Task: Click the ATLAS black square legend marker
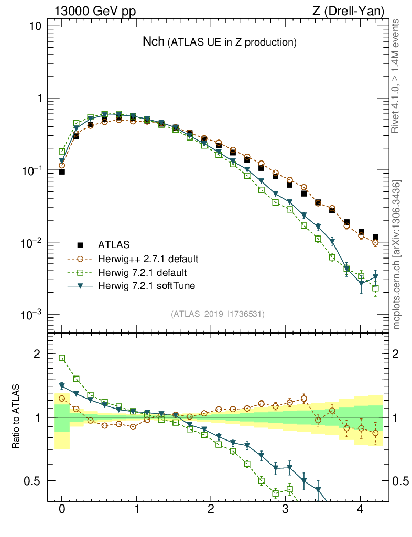tap(80, 245)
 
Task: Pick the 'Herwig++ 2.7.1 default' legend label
tap(148, 259)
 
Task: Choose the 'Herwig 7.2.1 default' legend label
tap(143, 273)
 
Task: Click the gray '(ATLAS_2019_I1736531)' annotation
tap(218, 314)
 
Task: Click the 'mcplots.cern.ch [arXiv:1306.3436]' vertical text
tap(397, 255)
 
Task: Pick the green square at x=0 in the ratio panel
tap(62, 358)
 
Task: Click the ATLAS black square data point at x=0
tap(62, 171)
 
